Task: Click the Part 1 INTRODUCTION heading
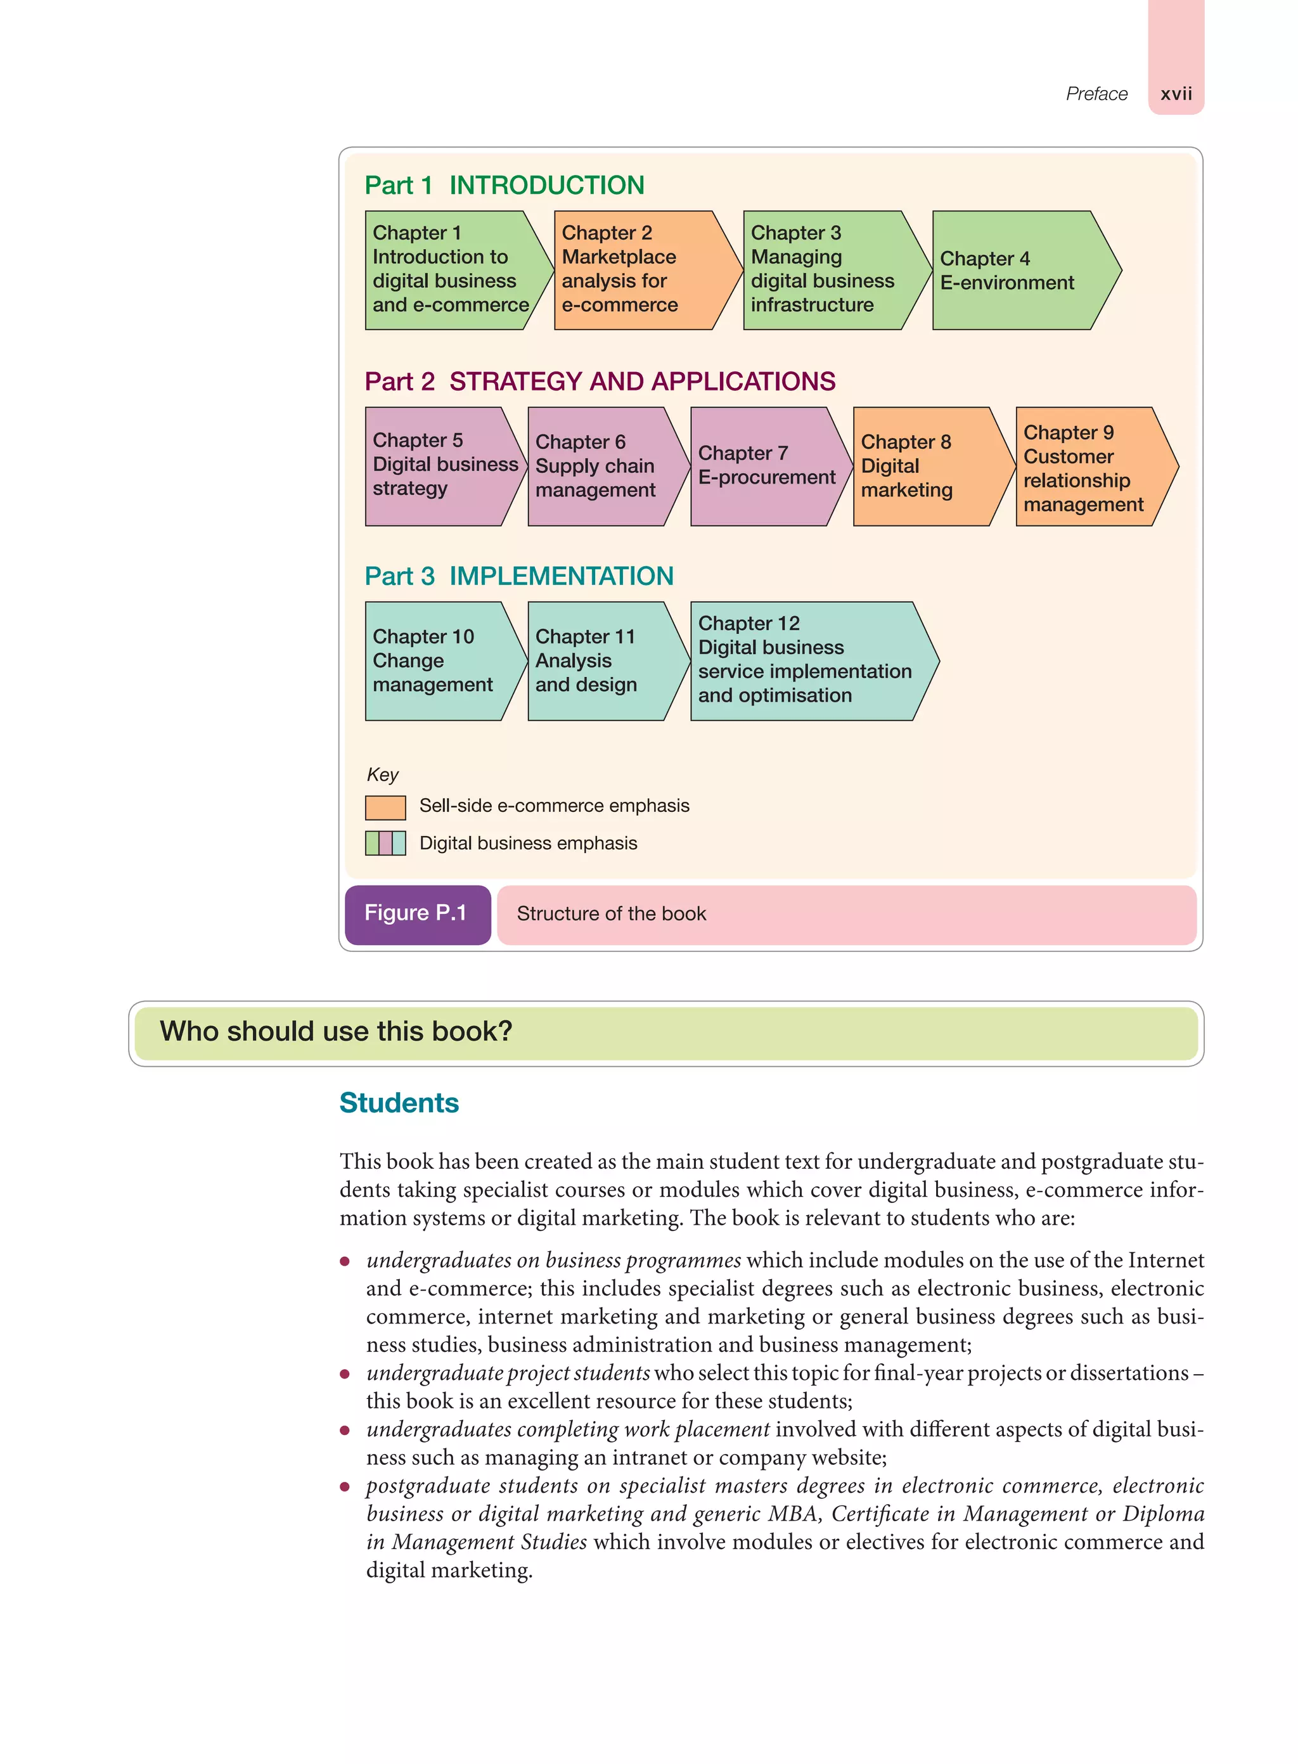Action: click(504, 186)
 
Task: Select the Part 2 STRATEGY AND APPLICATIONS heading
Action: click(600, 381)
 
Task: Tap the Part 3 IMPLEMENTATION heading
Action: click(518, 576)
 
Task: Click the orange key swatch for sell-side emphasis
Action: click(385, 807)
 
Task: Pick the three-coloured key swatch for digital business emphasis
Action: click(385, 843)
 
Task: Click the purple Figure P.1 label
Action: click(417, 914)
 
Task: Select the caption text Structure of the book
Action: click(611, 914)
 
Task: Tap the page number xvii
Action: click(1176, 94)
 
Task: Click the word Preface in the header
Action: click(1095, 94)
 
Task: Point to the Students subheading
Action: click(399, 1102)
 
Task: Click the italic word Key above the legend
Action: click(383, 775)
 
